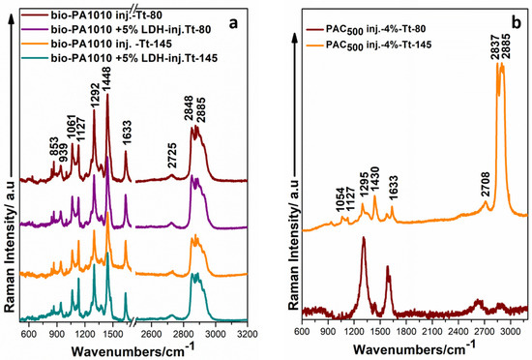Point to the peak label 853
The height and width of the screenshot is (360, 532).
click(x=53, y=146)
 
